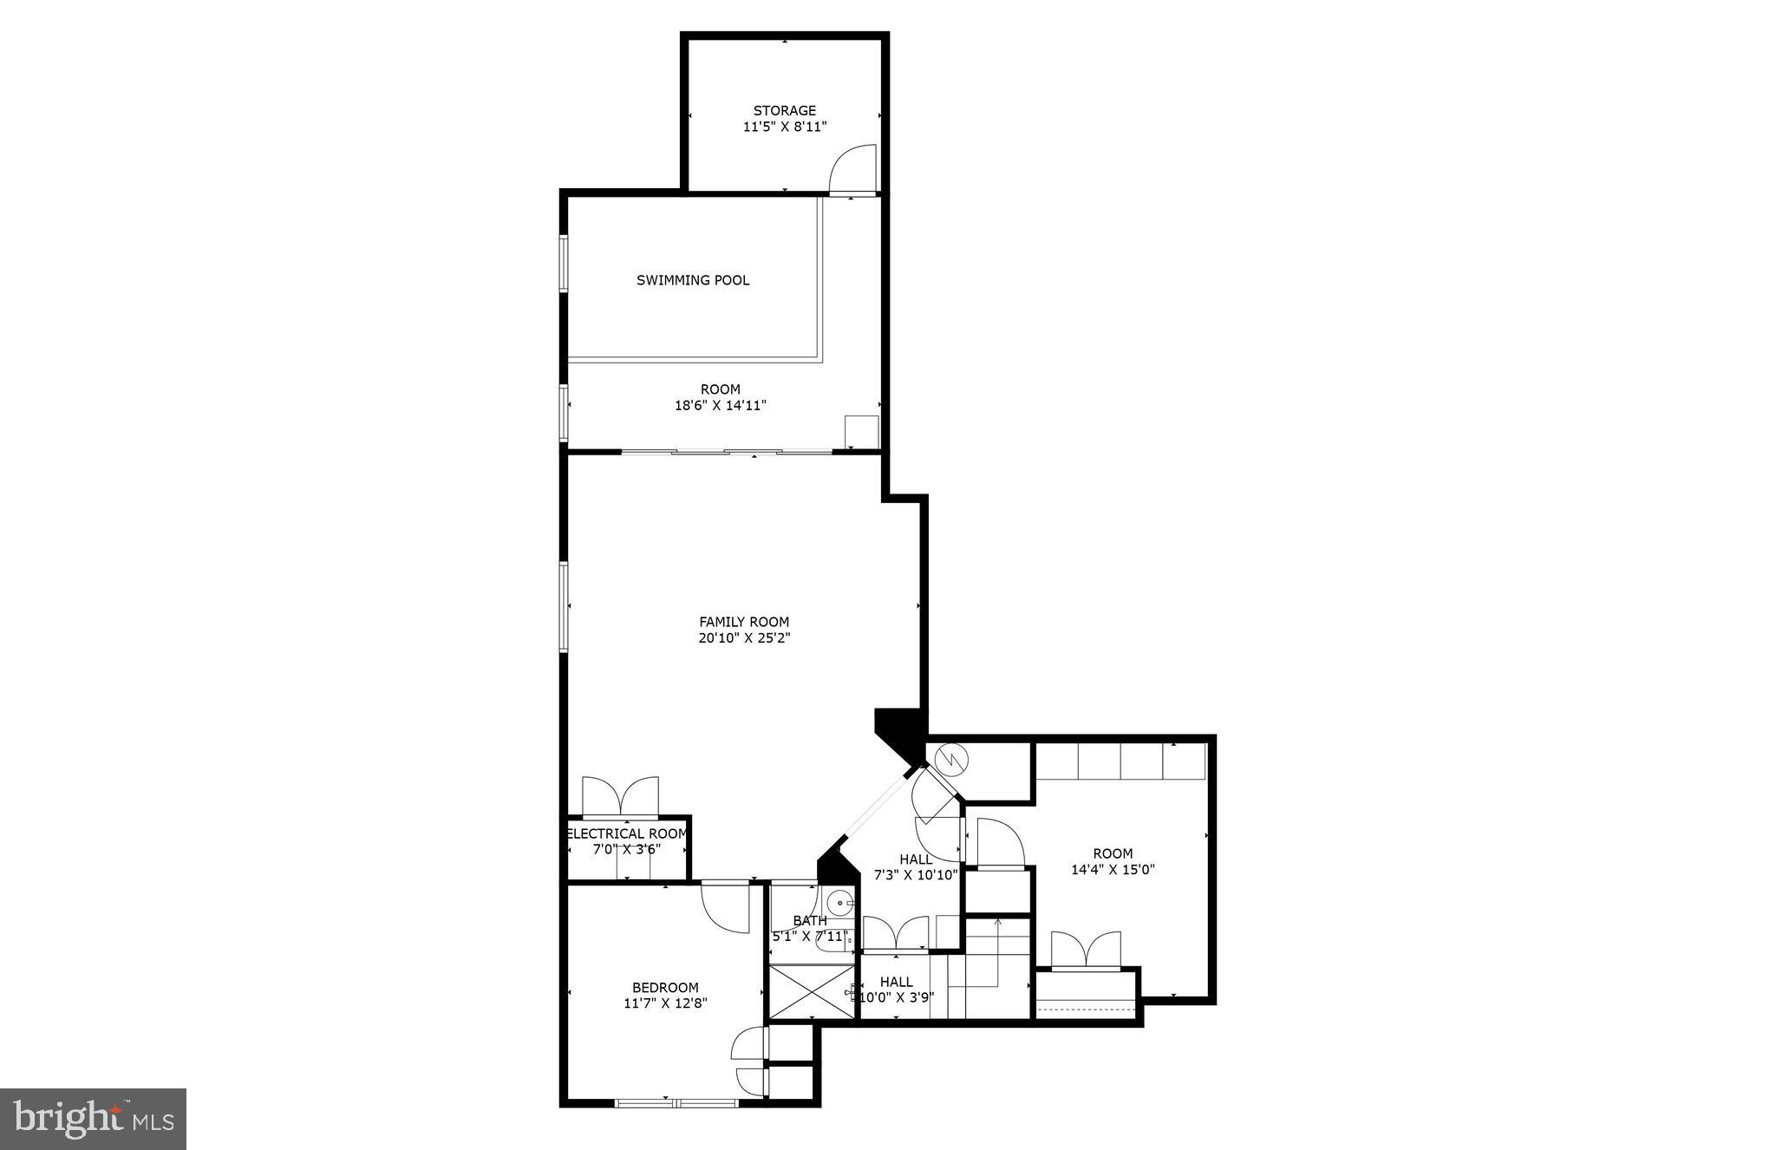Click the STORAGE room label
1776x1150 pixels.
(784, 111)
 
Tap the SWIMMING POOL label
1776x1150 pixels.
(693, 280)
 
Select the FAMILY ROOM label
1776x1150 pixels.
(744, 622)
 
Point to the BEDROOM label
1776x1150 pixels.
(665, 988)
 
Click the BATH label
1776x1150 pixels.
(810, 920)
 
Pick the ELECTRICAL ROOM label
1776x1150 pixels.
(627, 834)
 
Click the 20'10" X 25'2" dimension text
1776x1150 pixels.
(744, 638)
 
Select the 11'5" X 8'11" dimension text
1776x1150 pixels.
(784, 127)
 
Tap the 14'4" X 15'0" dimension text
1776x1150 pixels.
(1113, 869)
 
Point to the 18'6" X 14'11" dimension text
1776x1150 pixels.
(721, 405)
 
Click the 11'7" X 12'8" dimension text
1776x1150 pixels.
(665, 1003)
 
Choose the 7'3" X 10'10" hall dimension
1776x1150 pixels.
(916, 875)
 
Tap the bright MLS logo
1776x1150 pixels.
(93, 1119)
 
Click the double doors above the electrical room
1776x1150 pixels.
(620, 796)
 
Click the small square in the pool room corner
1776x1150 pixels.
(861, 432)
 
